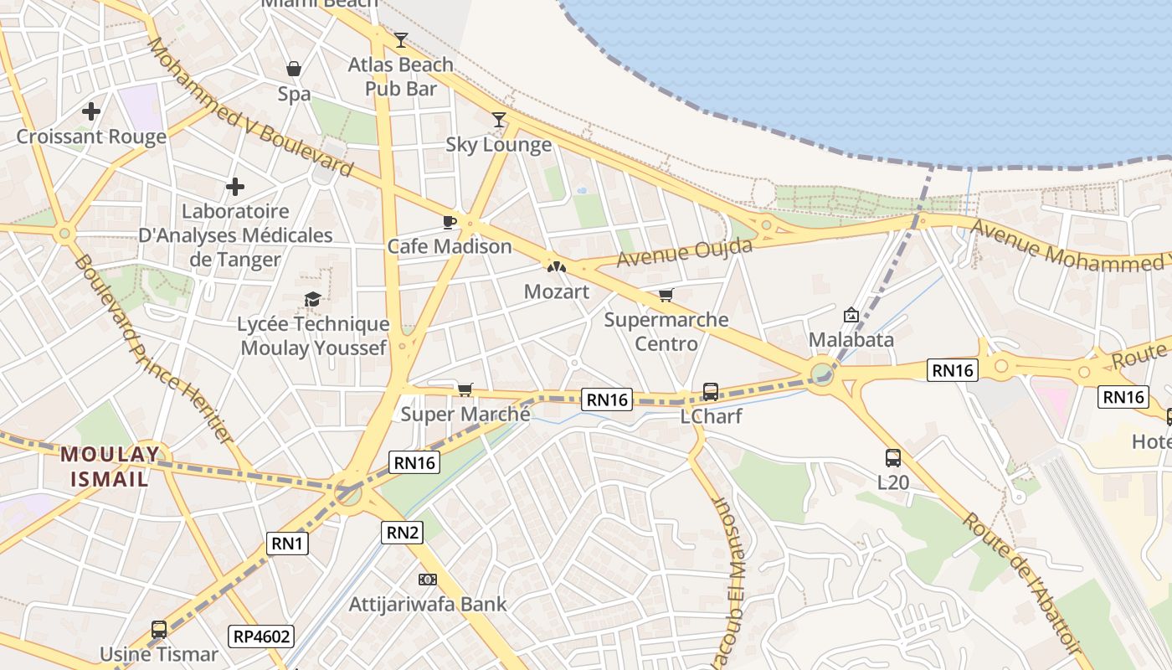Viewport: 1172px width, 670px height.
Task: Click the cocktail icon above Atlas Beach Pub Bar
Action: coord(401,39)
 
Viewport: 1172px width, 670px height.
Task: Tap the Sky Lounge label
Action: coord(498,145)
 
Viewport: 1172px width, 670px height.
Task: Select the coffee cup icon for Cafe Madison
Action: coord(450,222)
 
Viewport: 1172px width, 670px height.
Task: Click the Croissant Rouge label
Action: coord(91,137)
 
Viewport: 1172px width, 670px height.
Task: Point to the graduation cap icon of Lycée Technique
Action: coord(312,299)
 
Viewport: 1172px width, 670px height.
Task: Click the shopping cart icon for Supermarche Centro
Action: coord(666,295)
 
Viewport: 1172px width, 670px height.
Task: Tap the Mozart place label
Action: coord(556,291)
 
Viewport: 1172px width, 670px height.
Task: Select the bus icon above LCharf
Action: coord(710,391)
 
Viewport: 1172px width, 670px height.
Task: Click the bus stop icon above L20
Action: coord(893,458)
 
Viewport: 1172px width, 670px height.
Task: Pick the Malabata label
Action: coord(851,340)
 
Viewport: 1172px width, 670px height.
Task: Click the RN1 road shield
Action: coord(287,544)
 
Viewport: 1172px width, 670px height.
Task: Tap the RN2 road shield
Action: coord(402,532)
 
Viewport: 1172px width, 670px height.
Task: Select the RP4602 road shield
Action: coord(262,636)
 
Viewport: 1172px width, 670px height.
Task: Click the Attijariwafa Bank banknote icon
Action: coord(428,580)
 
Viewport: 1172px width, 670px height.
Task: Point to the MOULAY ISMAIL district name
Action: coord(109,467)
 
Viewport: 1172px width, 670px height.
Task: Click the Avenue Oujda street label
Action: coord(684,252)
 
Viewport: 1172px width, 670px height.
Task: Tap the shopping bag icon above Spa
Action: coord(294,69)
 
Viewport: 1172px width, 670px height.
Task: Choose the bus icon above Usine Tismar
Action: coord(158,629)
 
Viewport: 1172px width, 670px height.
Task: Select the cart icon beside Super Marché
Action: coord(465,389)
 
